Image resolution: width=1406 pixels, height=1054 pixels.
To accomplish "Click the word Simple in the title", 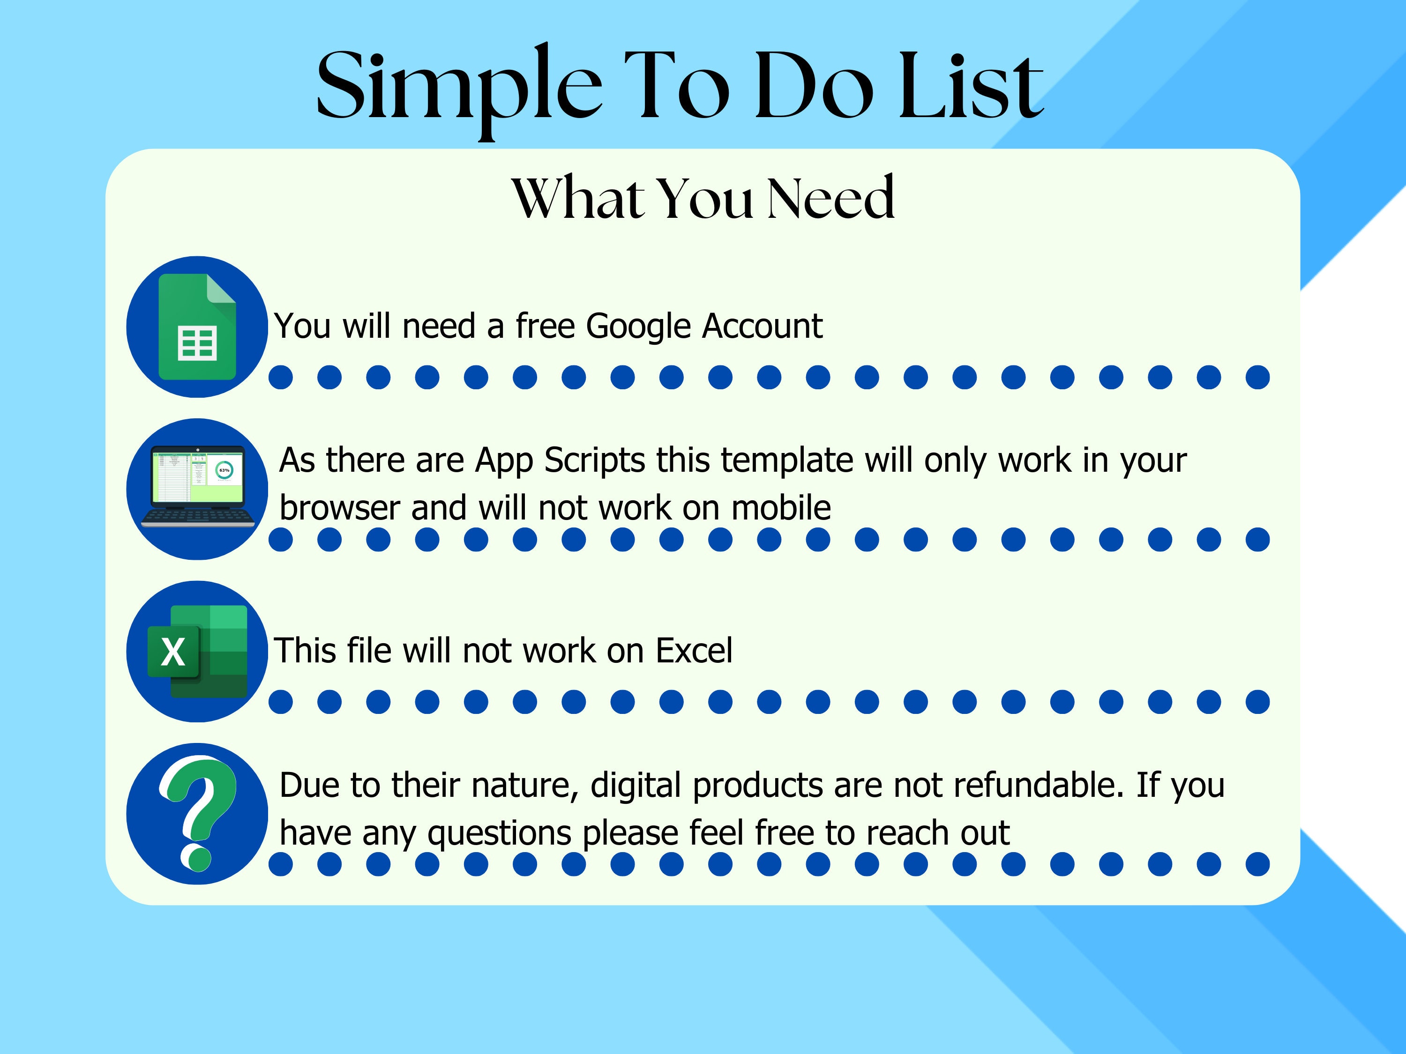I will coord(457,86).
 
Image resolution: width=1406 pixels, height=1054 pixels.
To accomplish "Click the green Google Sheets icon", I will coord(197,327).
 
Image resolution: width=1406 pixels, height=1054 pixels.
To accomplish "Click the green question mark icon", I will coord(198,813).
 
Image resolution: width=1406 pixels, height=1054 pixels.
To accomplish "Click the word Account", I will coord(762,326).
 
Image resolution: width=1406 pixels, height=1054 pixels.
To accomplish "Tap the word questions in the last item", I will coord(500,833).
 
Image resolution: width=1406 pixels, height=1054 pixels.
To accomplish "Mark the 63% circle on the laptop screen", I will coord(224,470).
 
